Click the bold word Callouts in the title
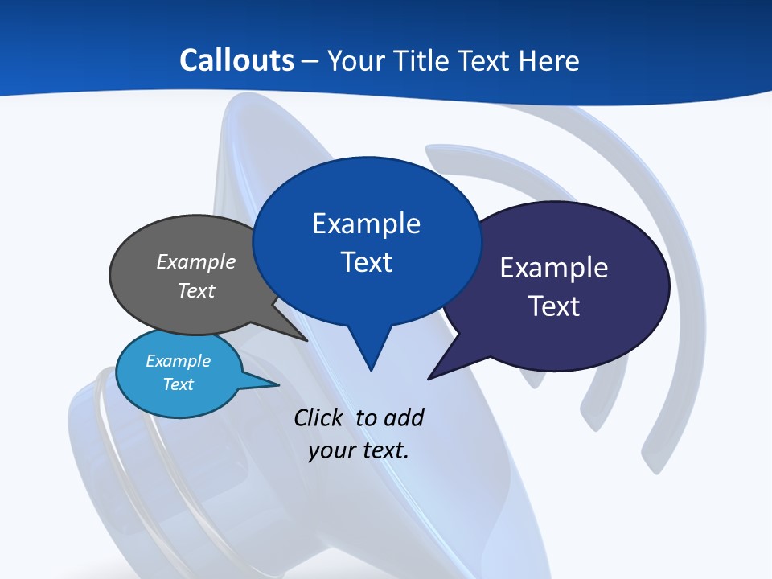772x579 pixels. [237, 60]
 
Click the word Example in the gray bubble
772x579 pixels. [196, 261]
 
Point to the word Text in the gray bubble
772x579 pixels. [196, 290]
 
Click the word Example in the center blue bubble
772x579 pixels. [366, 224]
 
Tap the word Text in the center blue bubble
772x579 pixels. [367, 262]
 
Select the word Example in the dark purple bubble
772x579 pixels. [554, 268]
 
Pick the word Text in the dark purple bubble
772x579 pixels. [554, 306]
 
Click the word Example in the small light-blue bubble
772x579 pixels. [179, 361]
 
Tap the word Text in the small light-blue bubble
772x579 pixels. [179, 384]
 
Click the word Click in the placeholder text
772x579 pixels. [318, 417]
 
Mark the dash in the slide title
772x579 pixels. [310, 61]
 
